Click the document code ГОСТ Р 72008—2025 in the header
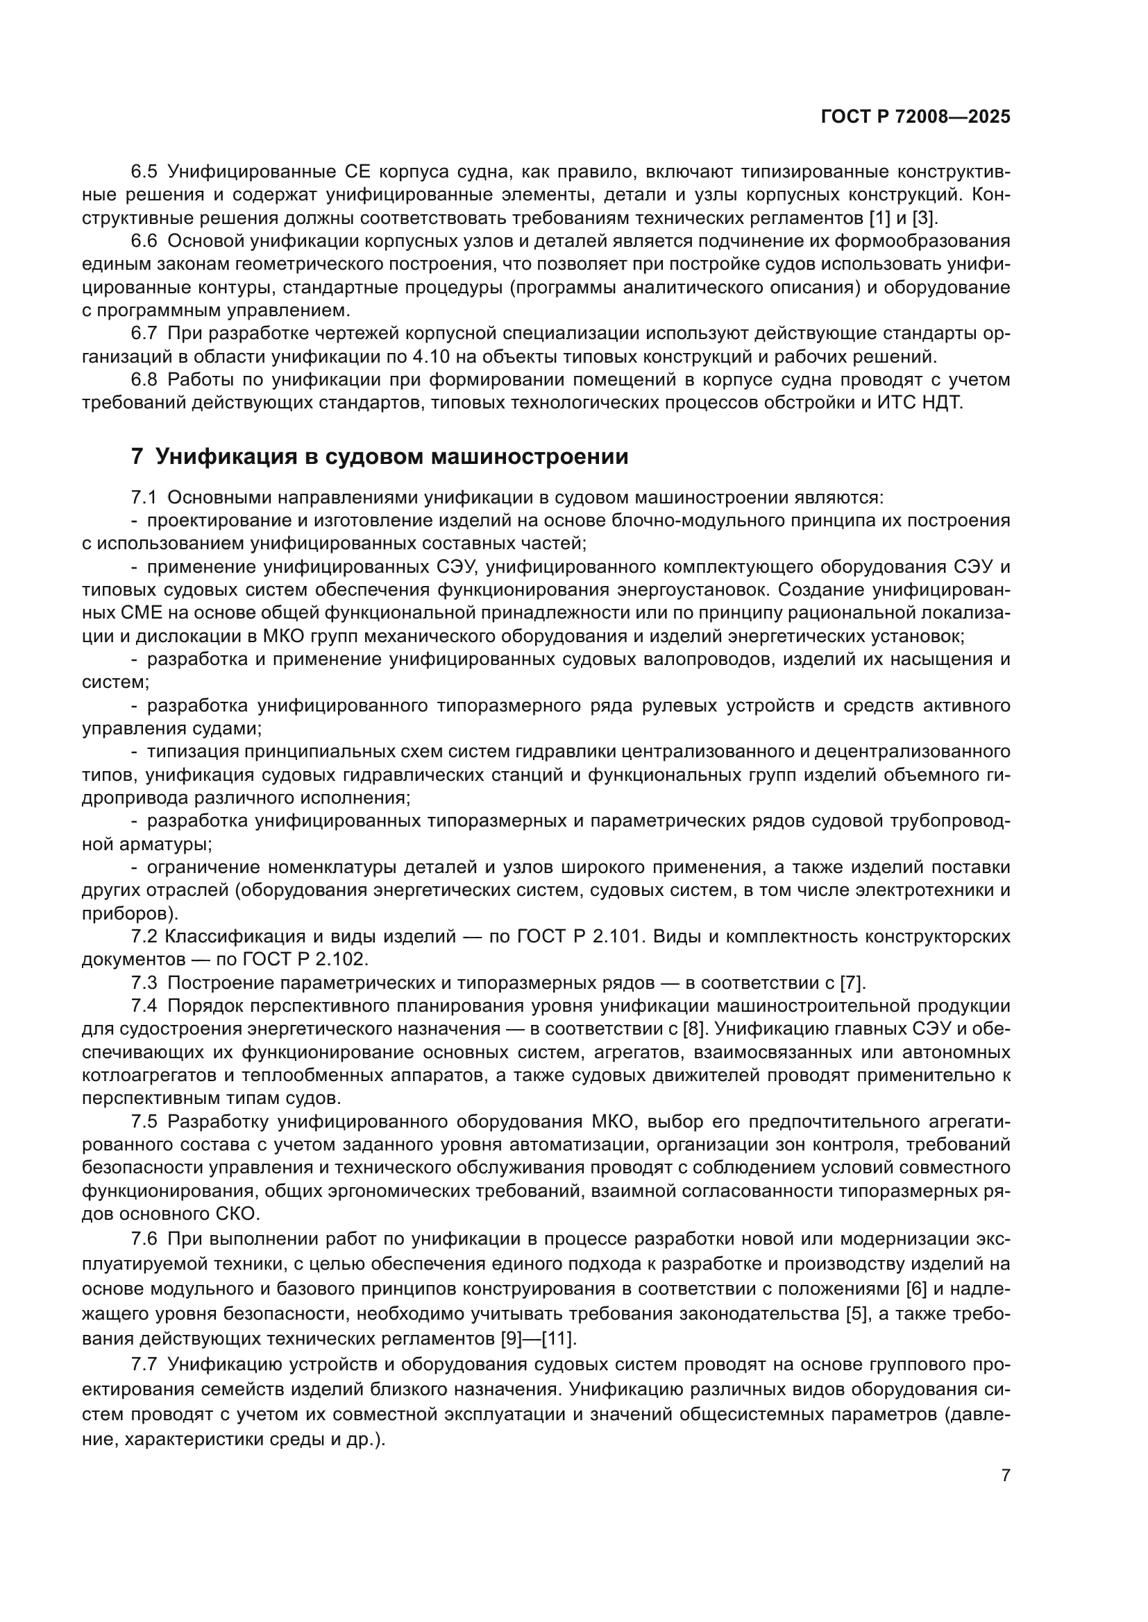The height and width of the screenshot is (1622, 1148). click(915, 117)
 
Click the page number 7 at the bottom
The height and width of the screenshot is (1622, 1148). click(1006, 1475)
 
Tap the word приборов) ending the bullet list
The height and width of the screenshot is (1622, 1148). click(130, 913)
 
